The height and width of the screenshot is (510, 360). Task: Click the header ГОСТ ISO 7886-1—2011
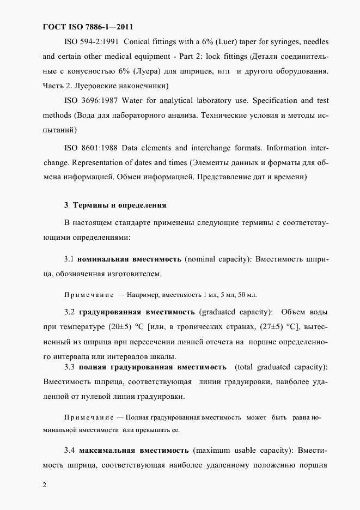point(87,27)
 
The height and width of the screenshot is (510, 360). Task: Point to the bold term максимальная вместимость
point(134,451)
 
